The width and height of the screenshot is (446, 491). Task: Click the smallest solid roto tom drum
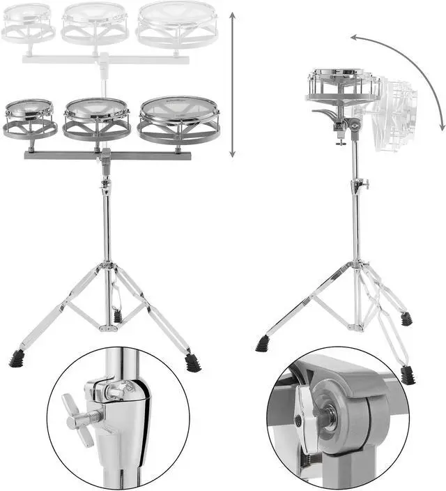click(x=30, y=118)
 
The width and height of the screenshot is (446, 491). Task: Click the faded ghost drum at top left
click(x=29, y=22)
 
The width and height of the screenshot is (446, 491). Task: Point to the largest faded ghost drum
click(x=175, y=24)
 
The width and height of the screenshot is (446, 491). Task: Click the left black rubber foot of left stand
click(x=17, y=358)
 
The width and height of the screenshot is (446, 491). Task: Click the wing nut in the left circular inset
click(x=78, y=419)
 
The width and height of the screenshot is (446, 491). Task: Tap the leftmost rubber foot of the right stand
click(x=263, y=343)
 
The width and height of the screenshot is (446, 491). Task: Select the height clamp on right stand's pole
click(x=358, y=186)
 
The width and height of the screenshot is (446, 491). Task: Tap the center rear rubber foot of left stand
click(x=117, y=315)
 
